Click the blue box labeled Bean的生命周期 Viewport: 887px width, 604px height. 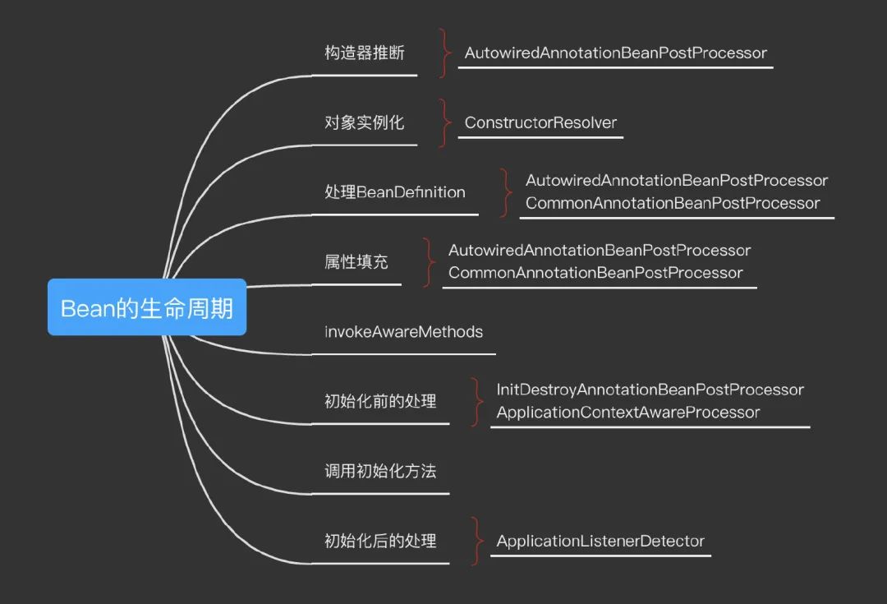pyautogui.click(x=147, y=307)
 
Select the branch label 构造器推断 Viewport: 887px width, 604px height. pyautogui.click(x=364, y=53)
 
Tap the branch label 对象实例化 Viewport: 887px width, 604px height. pyautogui.click(x=364, y=122)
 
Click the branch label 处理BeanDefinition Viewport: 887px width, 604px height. pyautogui.click(x=395, y=192)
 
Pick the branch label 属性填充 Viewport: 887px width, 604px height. pyautogui.click(x=356, y=262)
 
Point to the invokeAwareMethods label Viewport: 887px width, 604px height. pyautogui.click(x=403, y=332)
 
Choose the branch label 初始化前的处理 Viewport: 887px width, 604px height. pyautogui.click(x=380, y=402)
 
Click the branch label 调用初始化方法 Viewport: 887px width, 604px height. pyautogui.click(x=380, y=472)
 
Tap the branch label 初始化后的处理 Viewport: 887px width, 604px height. pyautogui.click(x=380, y=542)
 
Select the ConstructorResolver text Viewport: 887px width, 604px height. pyautogui.click(x=540, y=122)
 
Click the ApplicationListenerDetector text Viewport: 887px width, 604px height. pyautogui.click(x=600, y=542)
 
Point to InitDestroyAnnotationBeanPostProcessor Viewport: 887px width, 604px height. pyautogui.click(x=650, y=390)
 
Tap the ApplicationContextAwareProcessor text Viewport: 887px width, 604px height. pyautogui.click(x=628, y=413)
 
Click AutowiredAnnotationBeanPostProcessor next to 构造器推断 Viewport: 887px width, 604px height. pyautogui.click(x=615, y=53)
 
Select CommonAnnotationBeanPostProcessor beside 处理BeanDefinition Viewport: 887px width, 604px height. pyautogui.click(x=673, y=203)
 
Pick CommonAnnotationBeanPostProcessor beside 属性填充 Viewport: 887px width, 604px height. pyautogui.click(x=595, y=273)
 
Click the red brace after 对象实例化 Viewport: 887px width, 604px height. pyautogui.click(x=444, y=122)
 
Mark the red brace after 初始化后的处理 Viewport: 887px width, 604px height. pyautogui.click(x=477, y=542)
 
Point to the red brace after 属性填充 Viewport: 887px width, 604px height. pyautogui.click(x=428, y=262)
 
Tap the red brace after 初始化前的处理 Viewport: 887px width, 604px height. pyautogui.click(x=477, y=402)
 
